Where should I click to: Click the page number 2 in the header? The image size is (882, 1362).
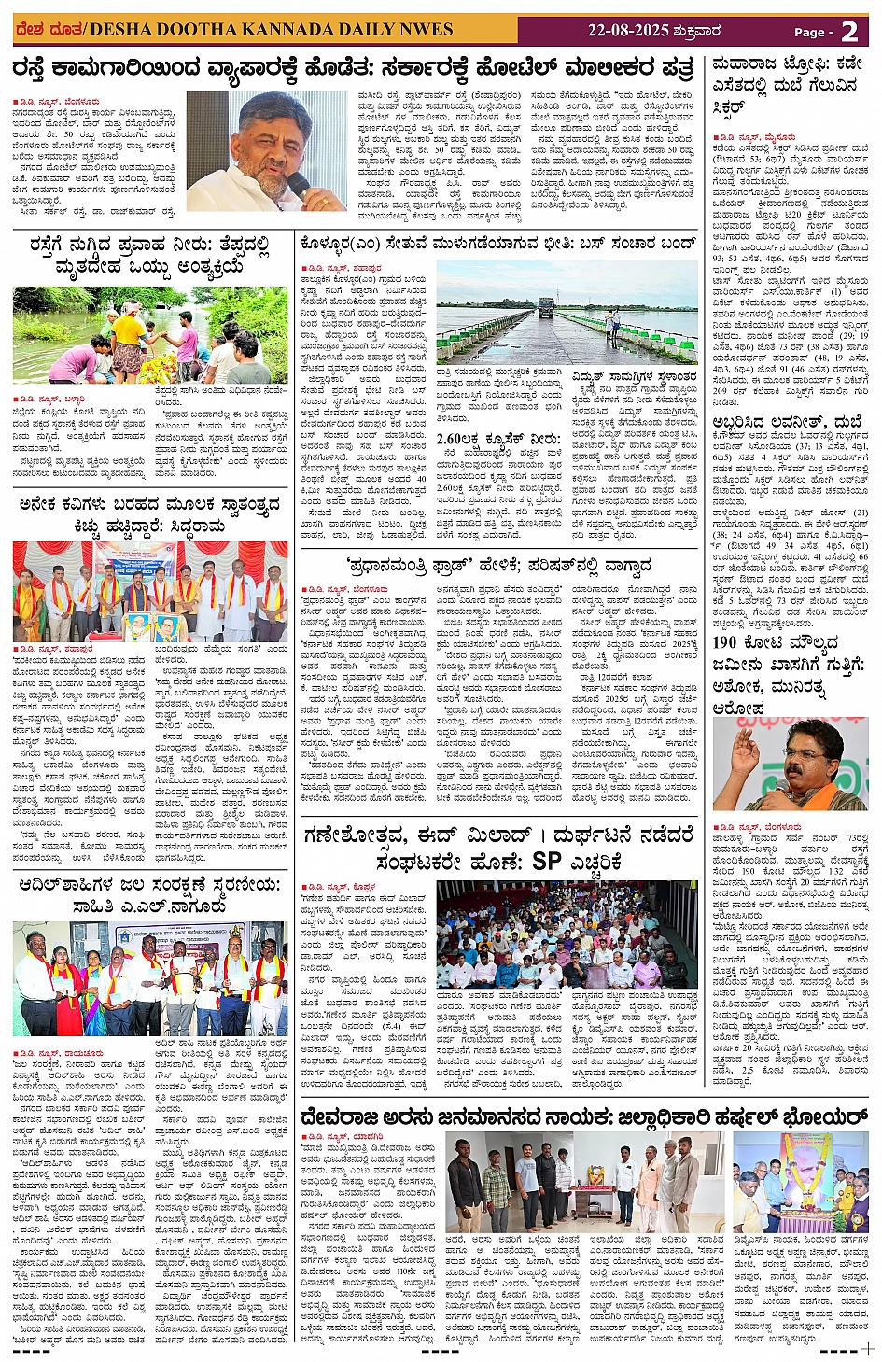coord(848,32)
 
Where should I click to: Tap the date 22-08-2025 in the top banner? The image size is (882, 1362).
coord(628,31)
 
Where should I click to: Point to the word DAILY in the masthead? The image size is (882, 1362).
coord(370,31)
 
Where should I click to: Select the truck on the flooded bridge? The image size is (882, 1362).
coord(545,307)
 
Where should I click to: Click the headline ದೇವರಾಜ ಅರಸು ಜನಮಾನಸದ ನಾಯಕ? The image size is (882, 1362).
coord(583,1117)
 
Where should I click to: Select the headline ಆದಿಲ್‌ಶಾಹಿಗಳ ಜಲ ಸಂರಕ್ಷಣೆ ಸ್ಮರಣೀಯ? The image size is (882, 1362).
coord(149,894)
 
